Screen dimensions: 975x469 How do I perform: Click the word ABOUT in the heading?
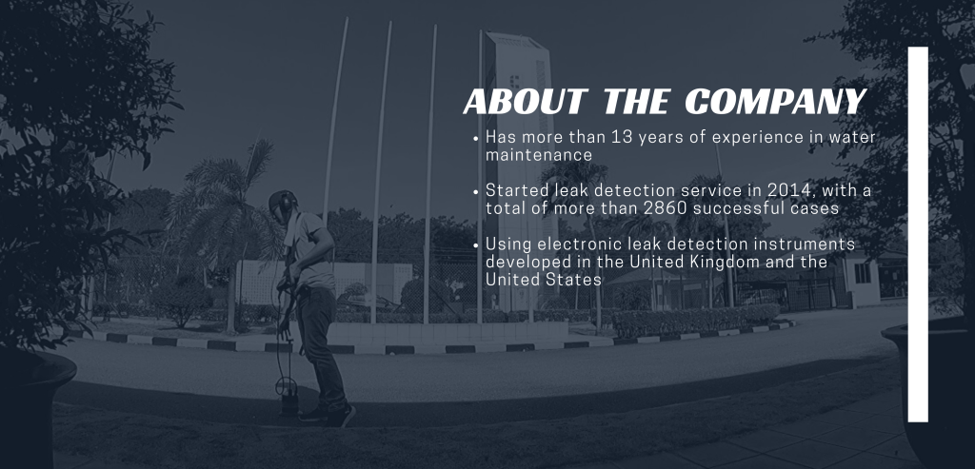[526, 101]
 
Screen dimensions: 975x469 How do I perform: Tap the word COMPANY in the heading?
[775, 101]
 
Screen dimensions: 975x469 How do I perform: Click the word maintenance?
[539, 155]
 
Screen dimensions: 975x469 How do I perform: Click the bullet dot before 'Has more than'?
[476, 139]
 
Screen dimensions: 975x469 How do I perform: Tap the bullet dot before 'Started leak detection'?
[476, 192]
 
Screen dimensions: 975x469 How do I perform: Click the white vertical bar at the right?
[918, 234]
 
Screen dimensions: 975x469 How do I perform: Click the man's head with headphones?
[283, 205]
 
